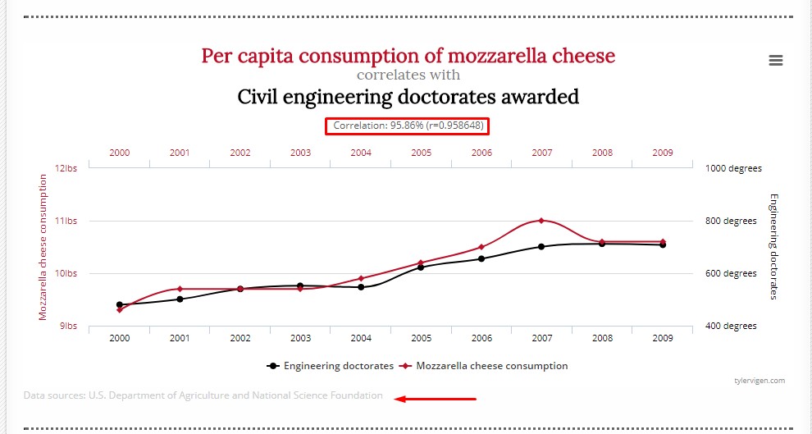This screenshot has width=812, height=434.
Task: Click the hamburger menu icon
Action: pos(775,60)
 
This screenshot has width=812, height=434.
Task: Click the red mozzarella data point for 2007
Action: pos(541,220)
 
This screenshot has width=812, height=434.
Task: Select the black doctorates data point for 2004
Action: pos(361,287)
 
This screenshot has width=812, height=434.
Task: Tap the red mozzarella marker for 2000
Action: pos(120,309)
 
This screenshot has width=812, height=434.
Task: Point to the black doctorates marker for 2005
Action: pos(421,267)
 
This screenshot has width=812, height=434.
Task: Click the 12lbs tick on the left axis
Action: pos(66,168)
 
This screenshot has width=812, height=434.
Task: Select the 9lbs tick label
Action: pos(67,326)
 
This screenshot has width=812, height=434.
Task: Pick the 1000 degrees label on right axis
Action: pos(733,168)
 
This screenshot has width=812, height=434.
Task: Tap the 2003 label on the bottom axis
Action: pos(300,338)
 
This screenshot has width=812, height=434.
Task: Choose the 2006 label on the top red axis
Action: pos(481,153)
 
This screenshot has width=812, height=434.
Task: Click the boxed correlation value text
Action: pos(407,126)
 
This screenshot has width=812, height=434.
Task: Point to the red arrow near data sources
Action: pos(435,400)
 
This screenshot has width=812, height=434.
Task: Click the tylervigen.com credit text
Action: pos(760,380)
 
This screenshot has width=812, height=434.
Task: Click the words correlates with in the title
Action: pos(408,75)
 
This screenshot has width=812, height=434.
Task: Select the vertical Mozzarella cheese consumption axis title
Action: pos(43,246)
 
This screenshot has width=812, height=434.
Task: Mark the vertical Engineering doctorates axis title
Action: pos(773,246)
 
